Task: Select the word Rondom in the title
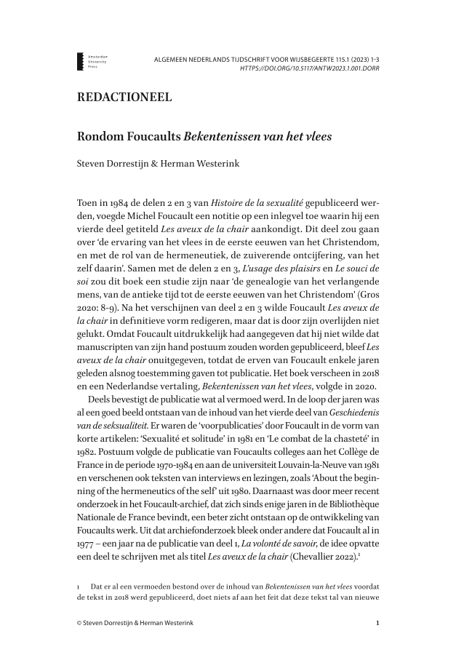[100, 136]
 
